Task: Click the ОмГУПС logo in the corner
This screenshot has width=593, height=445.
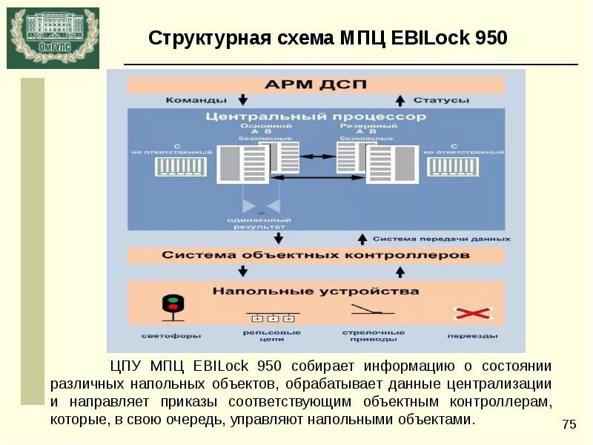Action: pos(53,37)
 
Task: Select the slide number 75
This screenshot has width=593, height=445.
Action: pos(569,424)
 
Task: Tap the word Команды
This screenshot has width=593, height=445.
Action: pos(195,100)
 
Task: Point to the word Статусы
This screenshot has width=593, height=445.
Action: pos(440,100)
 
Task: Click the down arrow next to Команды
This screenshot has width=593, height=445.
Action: pos(242,100)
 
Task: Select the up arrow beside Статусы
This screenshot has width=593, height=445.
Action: pos(399,100)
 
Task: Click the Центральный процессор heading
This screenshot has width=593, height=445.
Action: pos(315,117)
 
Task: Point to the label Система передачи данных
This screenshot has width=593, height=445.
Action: pos(441,239)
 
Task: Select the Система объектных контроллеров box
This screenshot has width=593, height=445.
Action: pos(316,255)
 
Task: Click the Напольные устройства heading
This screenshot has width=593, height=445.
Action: pos(316,291)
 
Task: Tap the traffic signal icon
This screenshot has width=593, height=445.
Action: pos(173,306)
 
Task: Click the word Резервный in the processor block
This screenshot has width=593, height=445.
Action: pos(361,127)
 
